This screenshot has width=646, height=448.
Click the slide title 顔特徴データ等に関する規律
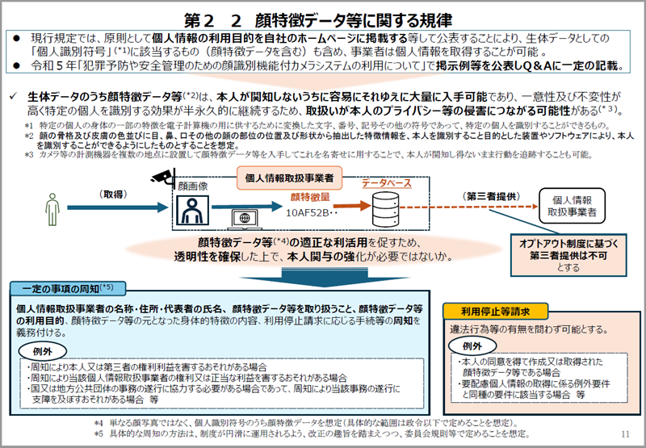point(322,17)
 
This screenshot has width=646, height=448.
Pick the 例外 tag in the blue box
point(44,353)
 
